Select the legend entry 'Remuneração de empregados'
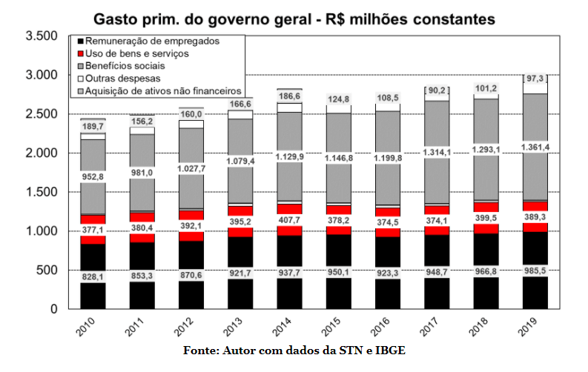[152, 41]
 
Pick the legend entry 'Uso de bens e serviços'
[136, 53]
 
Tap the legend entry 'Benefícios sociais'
[125, 66]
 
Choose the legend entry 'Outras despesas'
[122, 78]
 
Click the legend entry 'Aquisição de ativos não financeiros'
[163, 90]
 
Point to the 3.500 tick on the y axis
[41, 36]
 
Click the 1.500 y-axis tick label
[41, 192]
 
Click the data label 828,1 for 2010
[93, 276]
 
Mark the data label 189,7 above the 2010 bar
[93, 127]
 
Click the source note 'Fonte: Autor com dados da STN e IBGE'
[294, 351]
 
